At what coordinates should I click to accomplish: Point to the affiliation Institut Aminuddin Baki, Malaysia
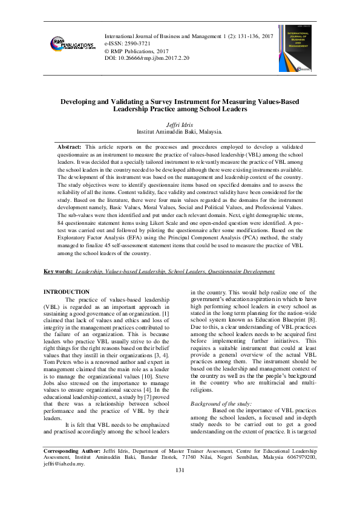179,131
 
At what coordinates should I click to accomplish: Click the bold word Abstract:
70,147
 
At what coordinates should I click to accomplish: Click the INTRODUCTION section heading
67,292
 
